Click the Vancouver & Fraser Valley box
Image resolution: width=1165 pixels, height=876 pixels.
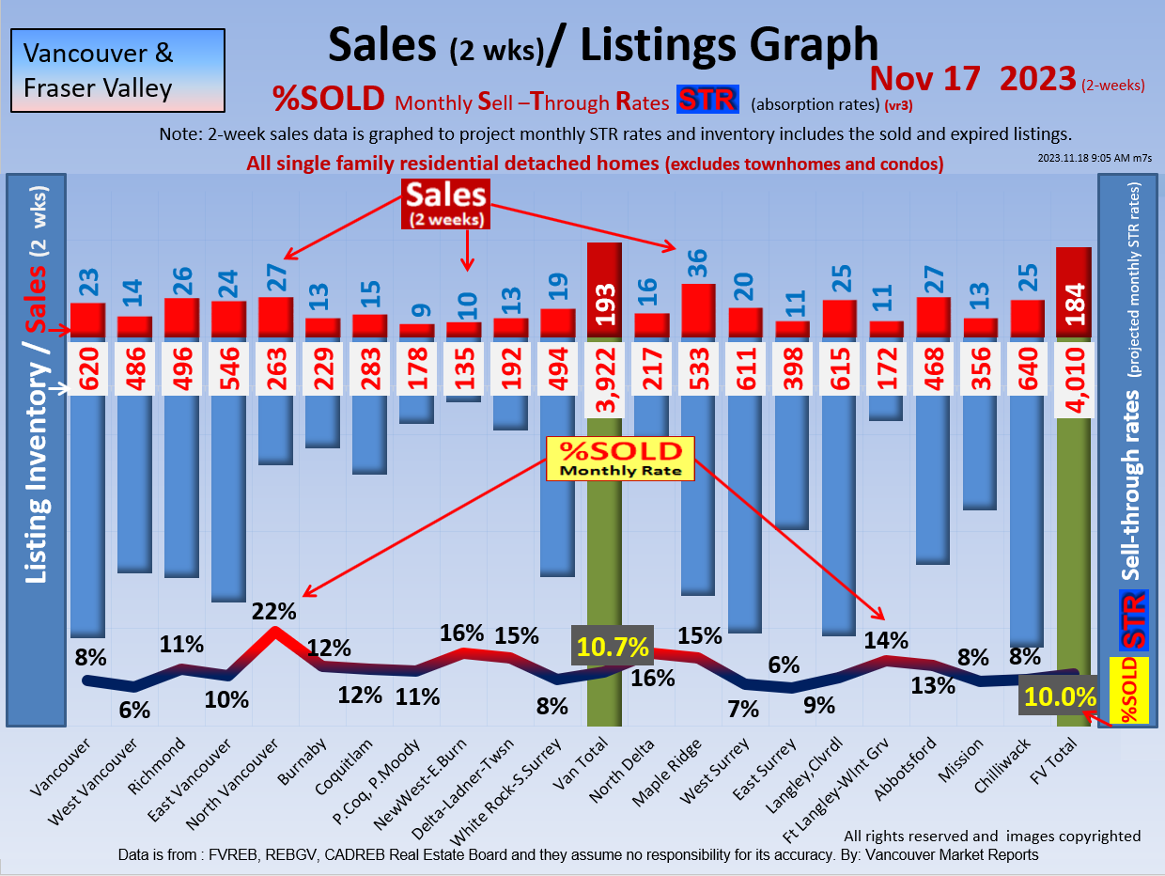117,70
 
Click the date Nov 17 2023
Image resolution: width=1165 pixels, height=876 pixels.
972,78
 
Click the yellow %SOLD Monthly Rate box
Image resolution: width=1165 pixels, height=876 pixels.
620,458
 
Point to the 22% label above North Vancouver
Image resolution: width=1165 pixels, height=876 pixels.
274,611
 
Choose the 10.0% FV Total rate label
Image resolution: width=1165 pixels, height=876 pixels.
1061,697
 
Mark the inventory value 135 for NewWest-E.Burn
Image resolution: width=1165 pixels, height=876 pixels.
463,368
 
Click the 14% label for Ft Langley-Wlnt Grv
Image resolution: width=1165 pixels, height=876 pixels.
886,640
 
